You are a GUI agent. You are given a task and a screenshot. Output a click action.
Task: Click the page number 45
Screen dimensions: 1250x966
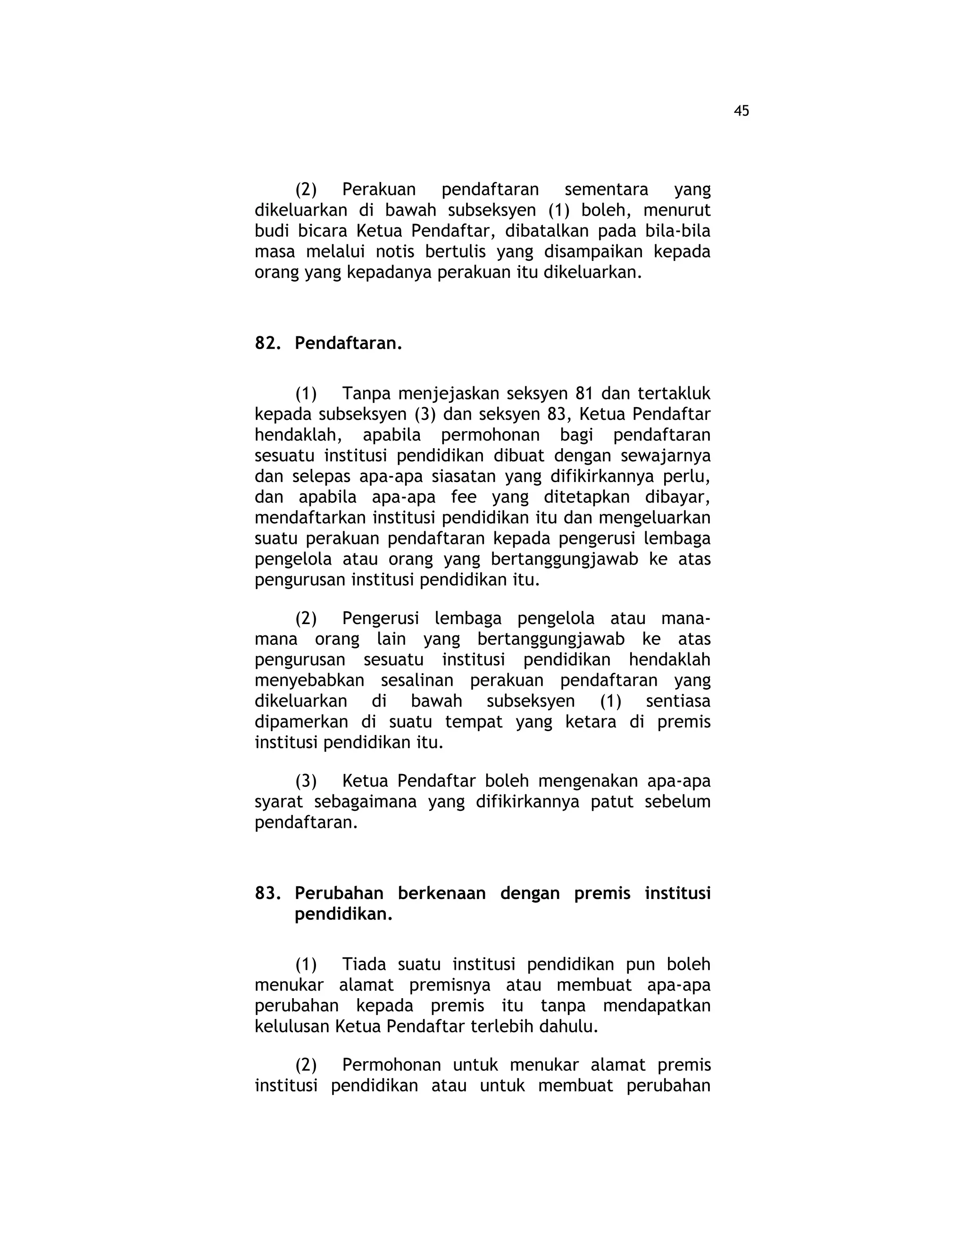pyautogui.click(x=741, y=111)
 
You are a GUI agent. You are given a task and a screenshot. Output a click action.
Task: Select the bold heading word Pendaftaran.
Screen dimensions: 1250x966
pyautogui.click(x=348, y=343)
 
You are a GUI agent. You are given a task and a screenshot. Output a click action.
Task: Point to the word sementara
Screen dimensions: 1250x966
pyautogui.click(x=606, y=190)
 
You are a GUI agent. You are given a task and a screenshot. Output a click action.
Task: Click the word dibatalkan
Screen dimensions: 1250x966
pyautogui.click(x=540, y=231)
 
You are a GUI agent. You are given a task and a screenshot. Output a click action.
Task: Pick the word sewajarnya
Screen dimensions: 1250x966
pyautogui.click(x=666, y=456)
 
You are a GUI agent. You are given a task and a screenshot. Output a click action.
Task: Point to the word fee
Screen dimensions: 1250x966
pyautogui.click(x=464, y=497)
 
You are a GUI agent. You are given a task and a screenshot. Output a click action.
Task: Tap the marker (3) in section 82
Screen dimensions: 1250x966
pyautogui.click(x=306, y=781)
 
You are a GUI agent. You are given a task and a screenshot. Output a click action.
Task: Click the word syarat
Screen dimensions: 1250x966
pyautogui.click(x=279, y=802)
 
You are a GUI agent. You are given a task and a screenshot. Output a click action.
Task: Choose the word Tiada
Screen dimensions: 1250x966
pyautogui.click(x=364, y=965)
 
